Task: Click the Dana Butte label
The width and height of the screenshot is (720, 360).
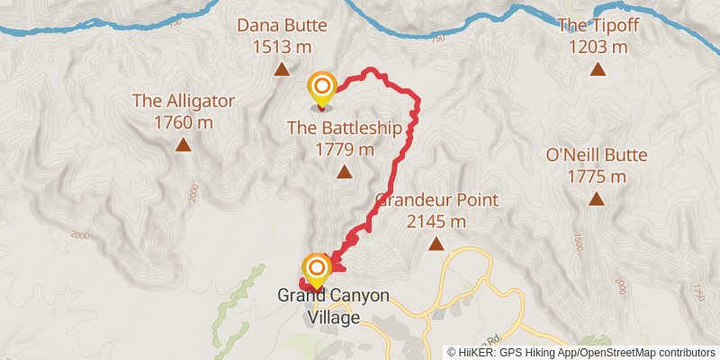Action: [282, 25]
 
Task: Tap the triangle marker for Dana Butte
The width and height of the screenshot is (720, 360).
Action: [282, 69]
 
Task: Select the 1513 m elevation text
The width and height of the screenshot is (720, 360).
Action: [282, 46]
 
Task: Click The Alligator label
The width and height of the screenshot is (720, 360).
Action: [184, 100]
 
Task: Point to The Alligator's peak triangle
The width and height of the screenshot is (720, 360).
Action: [184, 144]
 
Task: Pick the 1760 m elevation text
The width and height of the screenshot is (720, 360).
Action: [184, 121]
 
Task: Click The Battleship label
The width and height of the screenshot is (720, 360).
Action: [344, 128]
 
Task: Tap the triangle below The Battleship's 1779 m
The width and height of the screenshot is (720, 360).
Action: [344, 172]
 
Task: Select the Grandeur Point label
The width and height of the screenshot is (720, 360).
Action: [436, 200]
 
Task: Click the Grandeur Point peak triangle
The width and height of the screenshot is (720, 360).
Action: [436, 244]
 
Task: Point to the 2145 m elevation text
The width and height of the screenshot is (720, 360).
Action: [436, 221]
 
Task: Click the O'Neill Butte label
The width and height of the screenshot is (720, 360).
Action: [597, 156]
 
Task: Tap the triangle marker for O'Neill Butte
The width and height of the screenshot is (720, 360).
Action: [597, 199]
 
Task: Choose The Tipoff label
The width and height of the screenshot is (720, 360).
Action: [598, 25]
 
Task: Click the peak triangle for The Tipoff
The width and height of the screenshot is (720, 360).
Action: [598, 69]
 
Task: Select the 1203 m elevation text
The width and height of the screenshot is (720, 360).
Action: [598, 46]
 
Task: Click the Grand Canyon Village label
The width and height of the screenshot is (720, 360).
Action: [333, 306]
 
